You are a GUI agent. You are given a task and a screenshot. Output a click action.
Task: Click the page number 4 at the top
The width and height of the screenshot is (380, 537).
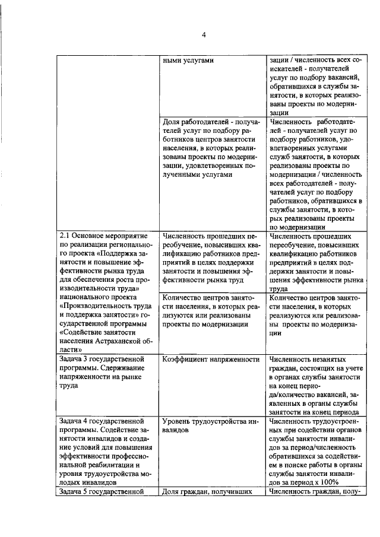204,35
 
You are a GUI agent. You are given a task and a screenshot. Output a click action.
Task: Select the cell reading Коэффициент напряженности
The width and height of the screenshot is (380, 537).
211,359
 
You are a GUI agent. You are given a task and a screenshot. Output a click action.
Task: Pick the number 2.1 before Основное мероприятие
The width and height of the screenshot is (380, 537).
66,236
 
